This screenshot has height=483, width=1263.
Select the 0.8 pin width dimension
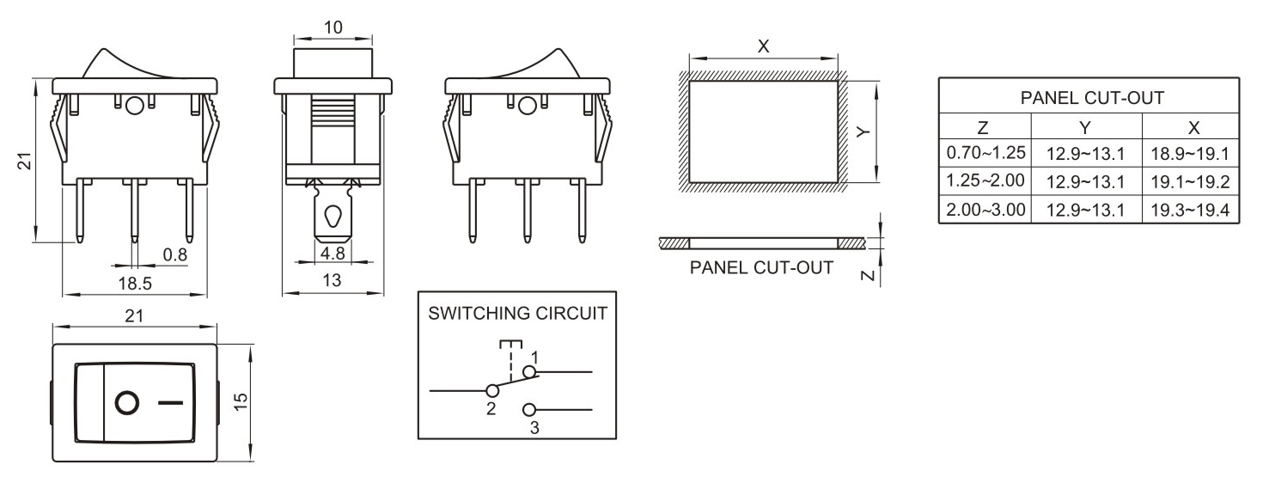point(174,254)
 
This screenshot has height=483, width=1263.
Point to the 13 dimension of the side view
point(333,280)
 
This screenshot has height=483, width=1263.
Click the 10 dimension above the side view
point(333,28)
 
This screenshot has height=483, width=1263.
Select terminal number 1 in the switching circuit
point(534,357)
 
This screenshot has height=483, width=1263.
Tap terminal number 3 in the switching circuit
point(534,426)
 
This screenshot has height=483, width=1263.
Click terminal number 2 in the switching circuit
point(491,409)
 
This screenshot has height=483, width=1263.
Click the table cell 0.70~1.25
point(985,153)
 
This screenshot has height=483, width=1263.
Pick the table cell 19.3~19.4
point(1190,210)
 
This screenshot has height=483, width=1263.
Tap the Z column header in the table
point(985,127)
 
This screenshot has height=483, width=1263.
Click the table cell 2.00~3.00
point(985,210)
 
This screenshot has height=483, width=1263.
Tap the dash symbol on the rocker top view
point(171,402)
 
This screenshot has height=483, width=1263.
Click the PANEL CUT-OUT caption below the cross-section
point(761,268)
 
